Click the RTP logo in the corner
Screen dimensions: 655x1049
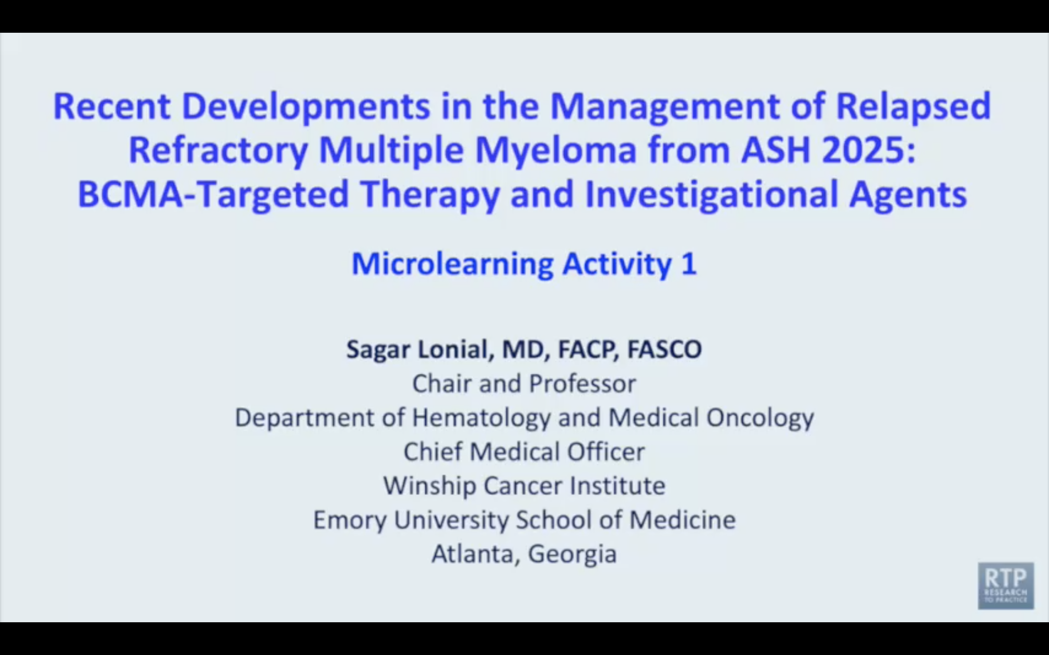coord(1006,586)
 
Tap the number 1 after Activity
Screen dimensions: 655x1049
coord(689,263)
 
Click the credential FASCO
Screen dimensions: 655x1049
coord(664,349)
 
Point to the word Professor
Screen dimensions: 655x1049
coord(582,384)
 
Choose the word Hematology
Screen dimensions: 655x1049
coord(481,418)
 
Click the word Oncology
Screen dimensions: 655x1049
coord(760,418)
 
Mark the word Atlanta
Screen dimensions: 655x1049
coord(472,553)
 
